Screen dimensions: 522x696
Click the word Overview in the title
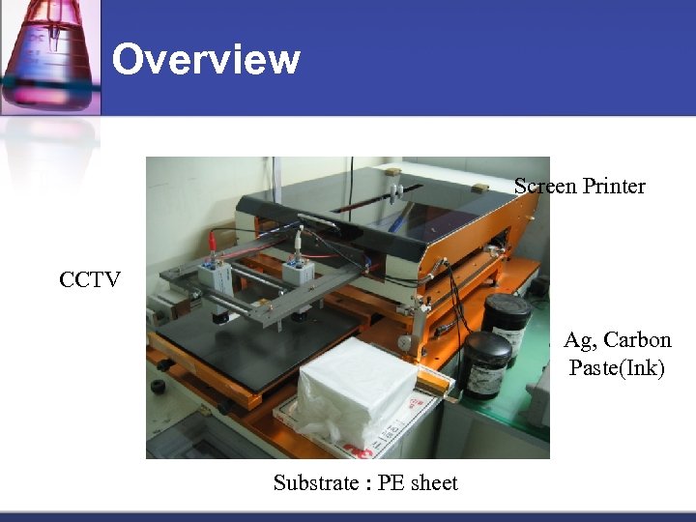[x=206, y=60]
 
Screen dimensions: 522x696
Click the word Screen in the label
[x=545, y=186]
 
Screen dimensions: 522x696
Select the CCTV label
[x=89, y=280]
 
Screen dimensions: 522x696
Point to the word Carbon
[x=635, y=340]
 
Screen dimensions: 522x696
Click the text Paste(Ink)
[x=617, y=368]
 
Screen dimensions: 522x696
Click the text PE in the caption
[x=390, y=483]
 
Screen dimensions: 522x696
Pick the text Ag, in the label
[x=578, y=340]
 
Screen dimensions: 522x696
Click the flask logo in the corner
[x=50, y=56]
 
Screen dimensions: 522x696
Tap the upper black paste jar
[x=507, y=324]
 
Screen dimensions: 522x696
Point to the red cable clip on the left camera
[x=211, y=239]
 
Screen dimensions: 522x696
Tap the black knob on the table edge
[x=157, y=398]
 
